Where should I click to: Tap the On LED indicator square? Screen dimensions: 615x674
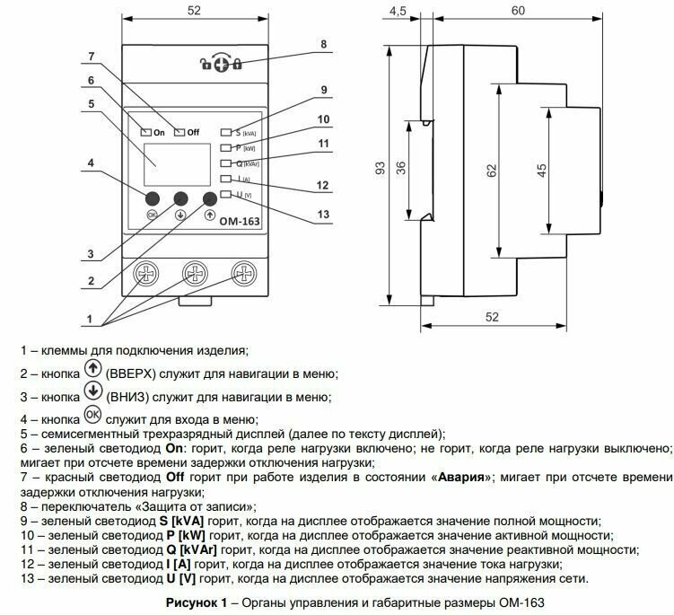(146, 131)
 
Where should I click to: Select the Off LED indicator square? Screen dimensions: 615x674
(179, 131)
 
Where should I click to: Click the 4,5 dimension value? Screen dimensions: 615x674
(399, 12)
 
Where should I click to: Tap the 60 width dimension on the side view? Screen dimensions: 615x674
(517, 12)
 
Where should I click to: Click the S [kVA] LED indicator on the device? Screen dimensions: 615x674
(225, 131)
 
